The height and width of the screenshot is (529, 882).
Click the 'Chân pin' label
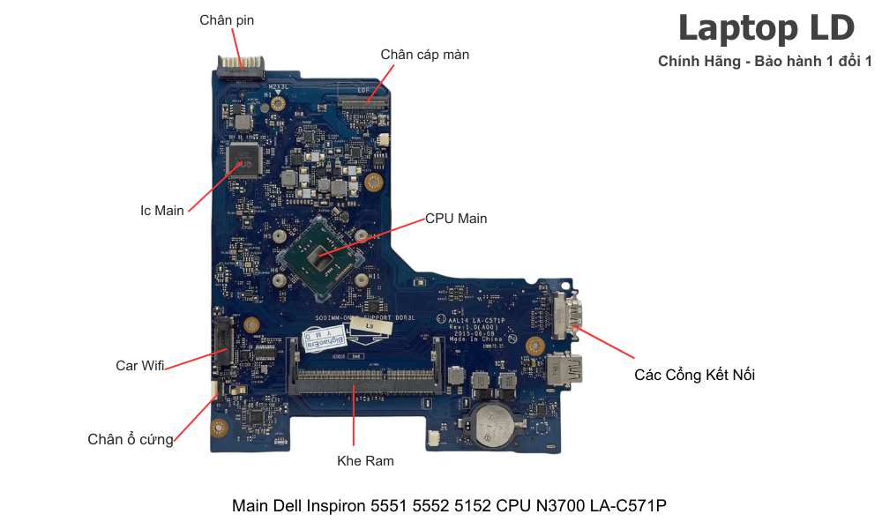(227, 20)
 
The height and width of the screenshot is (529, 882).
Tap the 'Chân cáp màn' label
(424, 55)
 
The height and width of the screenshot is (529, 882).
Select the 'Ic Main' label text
(162, 211)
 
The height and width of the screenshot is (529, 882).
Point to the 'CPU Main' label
(456, 218)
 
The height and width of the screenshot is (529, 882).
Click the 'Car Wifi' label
(140, 365)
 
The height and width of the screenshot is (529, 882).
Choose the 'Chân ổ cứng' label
(131, 439)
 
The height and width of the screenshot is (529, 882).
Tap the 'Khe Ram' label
(365, 460)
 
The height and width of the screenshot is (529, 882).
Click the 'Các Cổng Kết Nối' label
(694, 375)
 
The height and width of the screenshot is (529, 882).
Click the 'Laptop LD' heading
(766, 28)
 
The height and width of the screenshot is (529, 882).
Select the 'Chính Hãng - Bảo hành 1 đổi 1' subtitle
(765, 61)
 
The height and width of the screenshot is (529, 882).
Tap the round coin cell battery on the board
(490, 424)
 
